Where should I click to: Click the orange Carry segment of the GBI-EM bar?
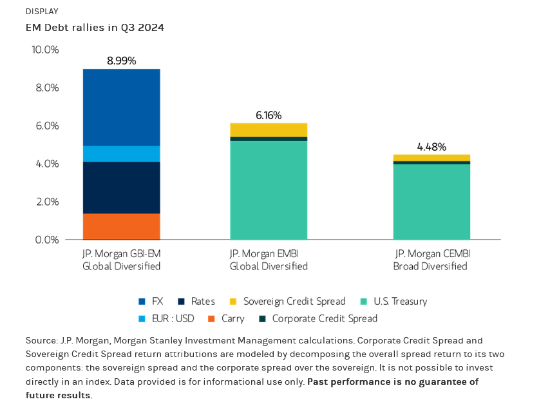(121, 226)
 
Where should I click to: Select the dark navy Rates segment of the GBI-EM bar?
(121, 188)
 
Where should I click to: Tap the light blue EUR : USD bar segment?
(121, 153)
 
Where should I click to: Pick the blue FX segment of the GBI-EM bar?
(121, 107)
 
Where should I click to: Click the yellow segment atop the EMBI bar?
(269, 130)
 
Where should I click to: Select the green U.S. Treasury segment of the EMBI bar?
(269, 190)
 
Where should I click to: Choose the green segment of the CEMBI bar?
(431, 202)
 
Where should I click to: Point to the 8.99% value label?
(121, 61)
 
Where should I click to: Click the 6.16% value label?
(269, 115)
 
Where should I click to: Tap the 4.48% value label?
(431, 147)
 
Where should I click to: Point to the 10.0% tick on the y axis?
(45, 50)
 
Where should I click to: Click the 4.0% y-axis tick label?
(46, 164)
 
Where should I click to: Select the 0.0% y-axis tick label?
(46, 240)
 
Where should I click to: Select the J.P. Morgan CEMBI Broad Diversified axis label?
(430, 260)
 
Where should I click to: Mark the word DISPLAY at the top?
(42, 12)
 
